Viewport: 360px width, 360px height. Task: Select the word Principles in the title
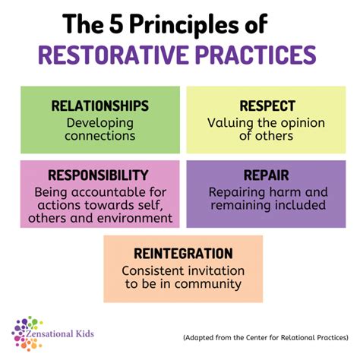coord(182,25)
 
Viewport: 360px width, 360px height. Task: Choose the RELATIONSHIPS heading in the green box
coord(99,106)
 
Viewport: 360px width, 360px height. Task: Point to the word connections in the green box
coord(100,137)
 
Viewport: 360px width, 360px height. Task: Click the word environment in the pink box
coord(134,219)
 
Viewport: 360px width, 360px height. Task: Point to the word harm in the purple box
coord(289,191)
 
